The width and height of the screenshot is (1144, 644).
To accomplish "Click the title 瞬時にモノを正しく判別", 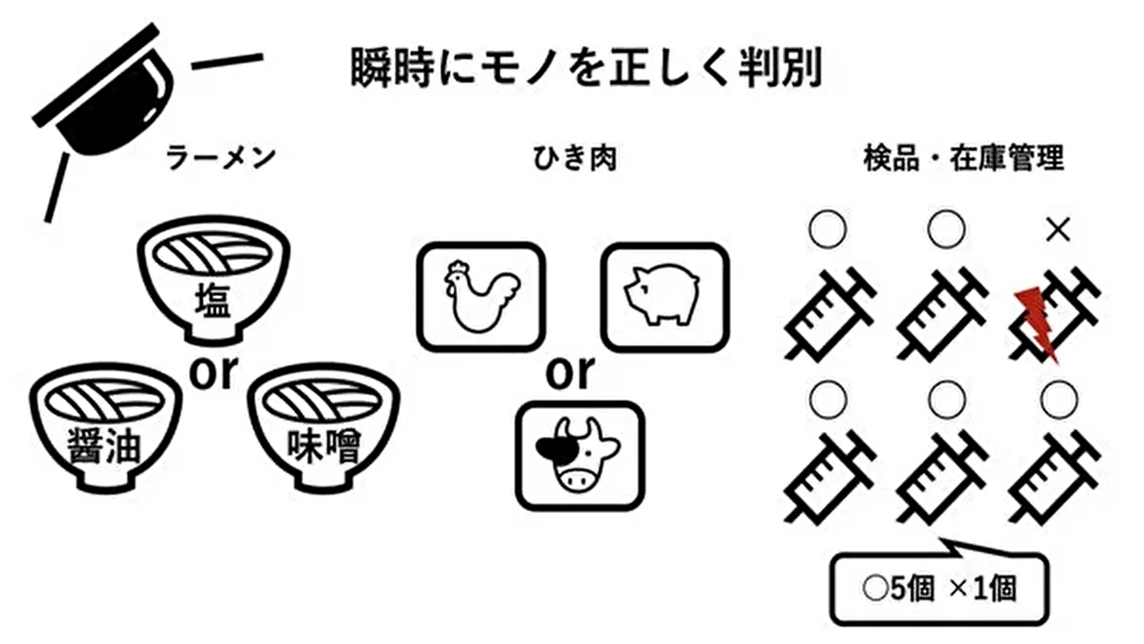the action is click(586, 67).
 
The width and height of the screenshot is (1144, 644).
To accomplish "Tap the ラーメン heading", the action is click(221, 158).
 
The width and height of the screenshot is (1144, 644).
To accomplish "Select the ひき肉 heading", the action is click(574, 159).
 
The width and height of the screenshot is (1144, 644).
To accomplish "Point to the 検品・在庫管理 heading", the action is click(963, 158).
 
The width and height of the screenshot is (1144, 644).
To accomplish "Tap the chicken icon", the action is click(481, 296).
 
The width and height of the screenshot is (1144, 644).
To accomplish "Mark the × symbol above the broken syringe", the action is click(1058, 229).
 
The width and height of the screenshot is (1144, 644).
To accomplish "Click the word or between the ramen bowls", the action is click(214, 372).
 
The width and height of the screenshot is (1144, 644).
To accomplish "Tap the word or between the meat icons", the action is click(570, 372).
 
